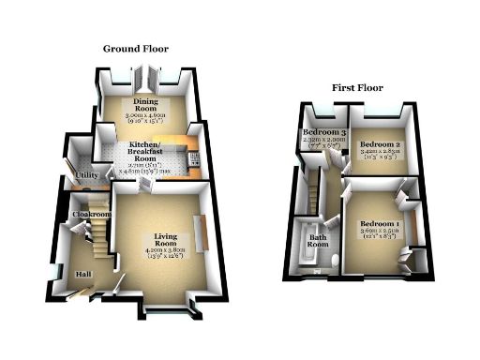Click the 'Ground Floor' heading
pos(136,48)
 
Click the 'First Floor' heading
pos(357,87)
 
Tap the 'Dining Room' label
pos(144,105)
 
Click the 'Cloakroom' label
pos(92,215)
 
